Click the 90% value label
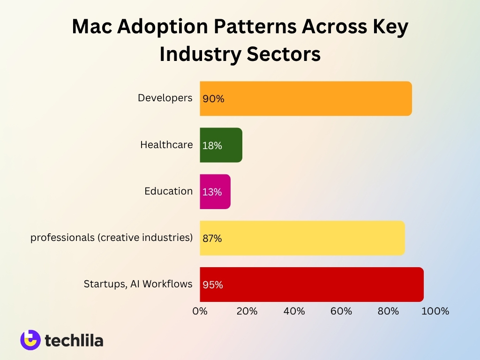tap(213, 99)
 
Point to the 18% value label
tap(212, 145)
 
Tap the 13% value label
tap(212, 192)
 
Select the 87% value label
tap(212, 238)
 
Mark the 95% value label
tap(213, 285)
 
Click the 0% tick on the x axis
tap(200, 311)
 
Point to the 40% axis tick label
tap(294, 311)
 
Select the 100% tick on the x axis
tap(435, 311)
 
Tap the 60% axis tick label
tap(341, 311)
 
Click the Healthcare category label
tap(166, 145)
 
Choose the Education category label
tap(168, 191)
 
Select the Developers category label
tap(165, 98)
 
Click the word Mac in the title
tap(91, 27)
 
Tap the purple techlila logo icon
tap(30, 340)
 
